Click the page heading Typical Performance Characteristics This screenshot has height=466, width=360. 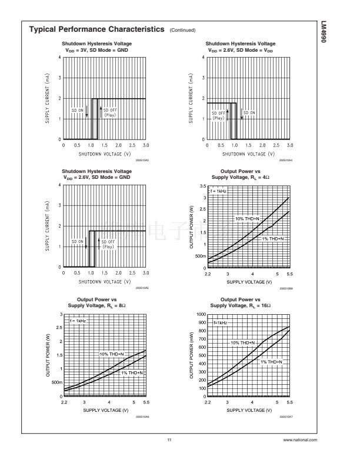click(x=97, y=29)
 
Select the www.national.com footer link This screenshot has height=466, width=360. click(x=300, y=440)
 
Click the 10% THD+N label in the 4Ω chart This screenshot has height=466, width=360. click(x=248, y=218)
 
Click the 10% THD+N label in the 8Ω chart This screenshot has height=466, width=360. click(x=112, y=354)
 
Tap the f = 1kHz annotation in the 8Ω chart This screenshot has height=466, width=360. click(x=78, y=321)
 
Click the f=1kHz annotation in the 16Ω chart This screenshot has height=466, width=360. click(x=220, y=323)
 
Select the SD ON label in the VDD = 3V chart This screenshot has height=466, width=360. click(x=78, y=110)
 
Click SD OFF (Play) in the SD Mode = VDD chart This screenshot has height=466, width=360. click(x=218, y=115)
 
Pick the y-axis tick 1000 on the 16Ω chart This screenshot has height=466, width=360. click(x=200, y=315)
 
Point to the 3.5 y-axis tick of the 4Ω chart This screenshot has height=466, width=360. click(x=202, y=186)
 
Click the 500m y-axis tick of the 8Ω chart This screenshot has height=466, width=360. click(x=57, y=382)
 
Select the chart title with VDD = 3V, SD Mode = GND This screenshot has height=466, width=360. click(x=97, y=47)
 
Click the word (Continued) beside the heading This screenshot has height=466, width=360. click(x=182, y=31)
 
